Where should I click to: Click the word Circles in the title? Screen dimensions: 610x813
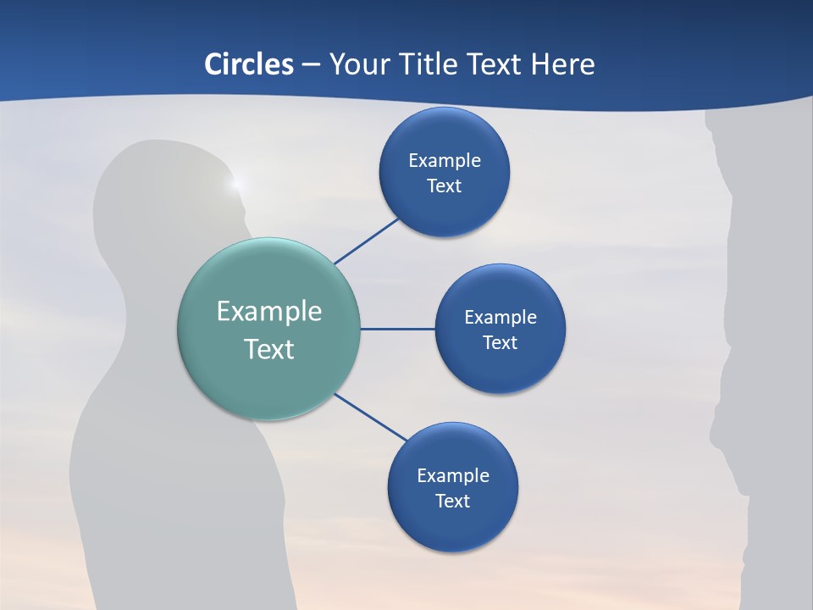[x=249, y=64]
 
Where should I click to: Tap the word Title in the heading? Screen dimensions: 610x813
[x=433, y=64]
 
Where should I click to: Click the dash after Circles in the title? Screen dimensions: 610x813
[x=311, y=65]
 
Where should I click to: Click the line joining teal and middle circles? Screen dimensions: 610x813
[x=397, y=329]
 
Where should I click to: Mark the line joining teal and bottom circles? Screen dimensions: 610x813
[x=371, y=416]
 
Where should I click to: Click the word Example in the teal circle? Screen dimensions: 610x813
[x=269, y=312]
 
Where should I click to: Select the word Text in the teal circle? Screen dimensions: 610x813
[x=269, y=349]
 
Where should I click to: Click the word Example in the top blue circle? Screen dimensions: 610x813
[x=445, y=161]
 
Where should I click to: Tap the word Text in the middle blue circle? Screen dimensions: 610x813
[x=500, y=342]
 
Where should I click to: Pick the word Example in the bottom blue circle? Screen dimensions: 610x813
[x=453, y=476]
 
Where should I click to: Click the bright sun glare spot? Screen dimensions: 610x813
[x=236, y=182]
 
